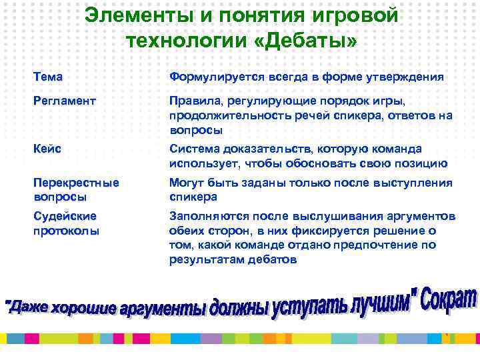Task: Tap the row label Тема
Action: pyautogui.click(x=48, y=77)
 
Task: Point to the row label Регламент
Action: pyautogui.click(x=65, y=101)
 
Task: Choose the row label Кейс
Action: pyautogui.click(x=47, y=149)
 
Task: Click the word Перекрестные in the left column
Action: pyautogui.click(x=76, y=183)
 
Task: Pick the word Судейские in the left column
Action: pyautogui.click(x=65, y=217)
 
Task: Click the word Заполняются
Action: pyautogui.click(x=207, y=217)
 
